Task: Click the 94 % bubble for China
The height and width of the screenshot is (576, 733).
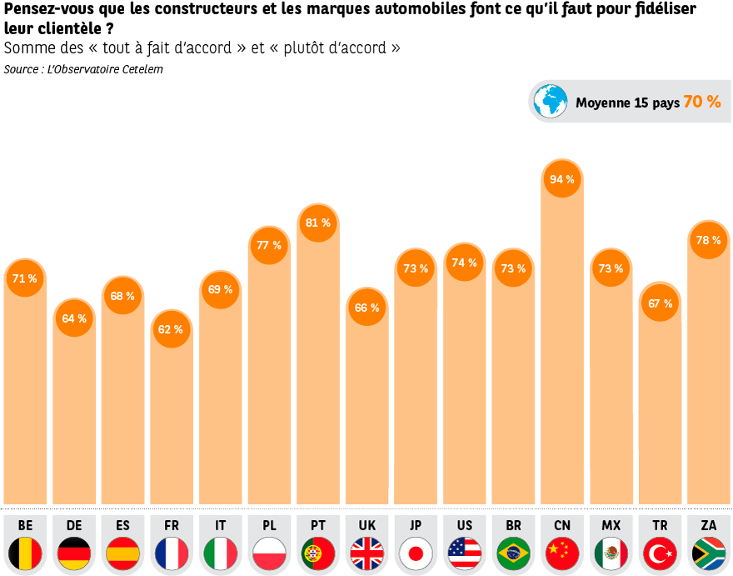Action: pyautogui.click(x=561, y=179)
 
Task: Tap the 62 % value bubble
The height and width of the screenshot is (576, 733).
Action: pyautogui.click(x=171, y=329)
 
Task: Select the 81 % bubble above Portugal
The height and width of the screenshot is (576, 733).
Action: pyautogui.click(x=317, y=223)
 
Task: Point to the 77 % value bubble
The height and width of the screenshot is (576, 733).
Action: pyautogui.click(x=269, y=245)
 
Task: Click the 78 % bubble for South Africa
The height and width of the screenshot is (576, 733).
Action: pyautogui.click(x=708, y=240)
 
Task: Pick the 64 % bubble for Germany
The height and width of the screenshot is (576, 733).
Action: pyautogui.click(x=74, y=318)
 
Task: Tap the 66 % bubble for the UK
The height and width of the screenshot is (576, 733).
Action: pyautogui.click(x=366, y=308)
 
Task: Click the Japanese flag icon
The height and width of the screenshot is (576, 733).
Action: pyautogui.click(x=416, y=553)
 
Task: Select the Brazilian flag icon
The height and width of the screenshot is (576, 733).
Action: pyautogui.click(x=513, y=553)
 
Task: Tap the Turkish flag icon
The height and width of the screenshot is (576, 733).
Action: pyautogui.click(x=660, y=553)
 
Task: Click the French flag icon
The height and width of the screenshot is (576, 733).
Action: pyautogui.click(x=172, y=553)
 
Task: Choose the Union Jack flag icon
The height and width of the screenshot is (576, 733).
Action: pyautogui.click(x=366, y=553)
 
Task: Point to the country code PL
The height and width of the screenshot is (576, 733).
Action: pyautogui.click(x=269, y=525)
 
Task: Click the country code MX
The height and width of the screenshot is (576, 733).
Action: pyautogui.click(x=611, y=525)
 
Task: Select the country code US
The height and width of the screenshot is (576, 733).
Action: pyautogui.click(x=464, y=525)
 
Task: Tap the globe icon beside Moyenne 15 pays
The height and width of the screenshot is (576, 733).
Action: pyautogui.click(x=550, y=102)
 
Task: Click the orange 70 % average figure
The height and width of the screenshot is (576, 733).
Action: pyautogui.click(x=701, y=102)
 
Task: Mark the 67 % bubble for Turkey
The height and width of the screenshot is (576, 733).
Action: pyautogui.click(x=660, y=303)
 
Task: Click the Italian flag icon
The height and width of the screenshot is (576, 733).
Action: pyautogui.click(x=220, y=553)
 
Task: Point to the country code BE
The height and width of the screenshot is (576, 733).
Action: pyautogui.click(x=25, y=525)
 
